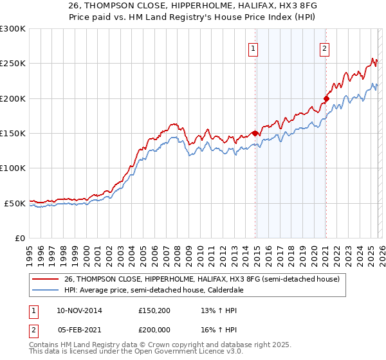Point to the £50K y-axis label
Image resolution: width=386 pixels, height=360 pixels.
14,203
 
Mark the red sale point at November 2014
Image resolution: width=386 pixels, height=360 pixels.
255,133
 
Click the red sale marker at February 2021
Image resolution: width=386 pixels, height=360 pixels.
326,98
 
